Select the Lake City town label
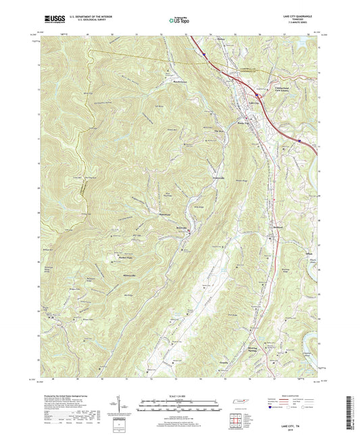[x=255, y=103]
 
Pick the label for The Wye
[x=218, y=131]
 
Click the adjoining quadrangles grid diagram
[x=236, y=420]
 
